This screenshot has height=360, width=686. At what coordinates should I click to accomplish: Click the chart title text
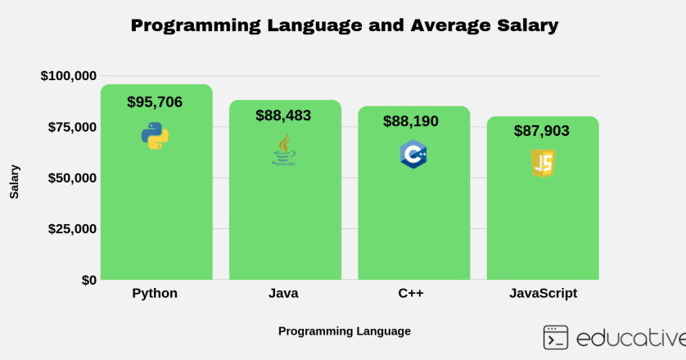pyautogui.click(x=344, y=25)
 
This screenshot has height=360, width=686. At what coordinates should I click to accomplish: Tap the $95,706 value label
pyautogui.click(x=155, y=102)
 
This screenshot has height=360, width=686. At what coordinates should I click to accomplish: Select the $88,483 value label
pyautogui.click(x=283, y=115)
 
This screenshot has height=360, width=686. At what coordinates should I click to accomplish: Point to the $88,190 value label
pyautogui.click(x=411, y=121)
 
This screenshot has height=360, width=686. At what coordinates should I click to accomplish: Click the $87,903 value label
pyautogui.click(x=542, y=131)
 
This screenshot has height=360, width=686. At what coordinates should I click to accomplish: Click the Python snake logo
pyautogui.click(x=155, y=136)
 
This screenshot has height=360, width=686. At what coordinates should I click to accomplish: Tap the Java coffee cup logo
pyautogui.click(x=283, y=151)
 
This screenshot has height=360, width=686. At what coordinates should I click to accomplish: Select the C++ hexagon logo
pyautogui.click(x=413, y=154)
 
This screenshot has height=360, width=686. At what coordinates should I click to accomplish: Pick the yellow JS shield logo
pyautogui.click(x=542, y=164)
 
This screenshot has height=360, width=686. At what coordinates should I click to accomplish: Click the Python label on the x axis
pyautogui.click(x=155, y=293)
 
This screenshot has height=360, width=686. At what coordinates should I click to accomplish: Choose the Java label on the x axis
pyautogui.click(x=283, y=293)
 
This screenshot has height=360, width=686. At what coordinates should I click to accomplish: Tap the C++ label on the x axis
pyautogui.click(x=411, y=293)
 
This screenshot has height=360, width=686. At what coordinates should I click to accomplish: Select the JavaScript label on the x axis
pyautogui.click(x=543, y=293)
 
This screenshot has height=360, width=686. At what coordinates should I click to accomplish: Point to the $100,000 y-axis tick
pyautogui.click(x=69, y=76)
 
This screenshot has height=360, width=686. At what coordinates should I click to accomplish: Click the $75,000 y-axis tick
pyautogui.click(x=72, y=127)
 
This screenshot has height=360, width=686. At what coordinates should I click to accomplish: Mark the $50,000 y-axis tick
pyautogui.click(x=72, y=178)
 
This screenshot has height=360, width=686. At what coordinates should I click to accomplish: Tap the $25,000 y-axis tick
pyautogui.click(x=72, y=229)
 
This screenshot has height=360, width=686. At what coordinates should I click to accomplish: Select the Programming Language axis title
pyautogui.click(x=344, y=331)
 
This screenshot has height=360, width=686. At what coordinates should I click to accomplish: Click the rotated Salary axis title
pyautogui.click(x=15, y=182)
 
